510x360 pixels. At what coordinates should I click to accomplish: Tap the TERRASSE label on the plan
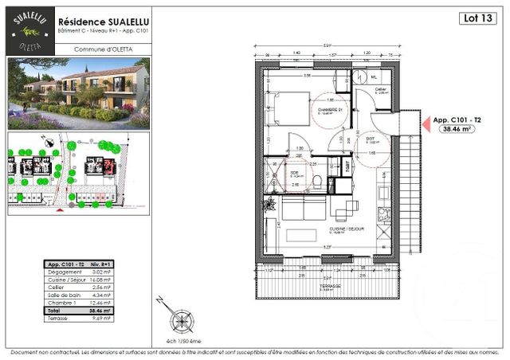(x=327, y=286)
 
